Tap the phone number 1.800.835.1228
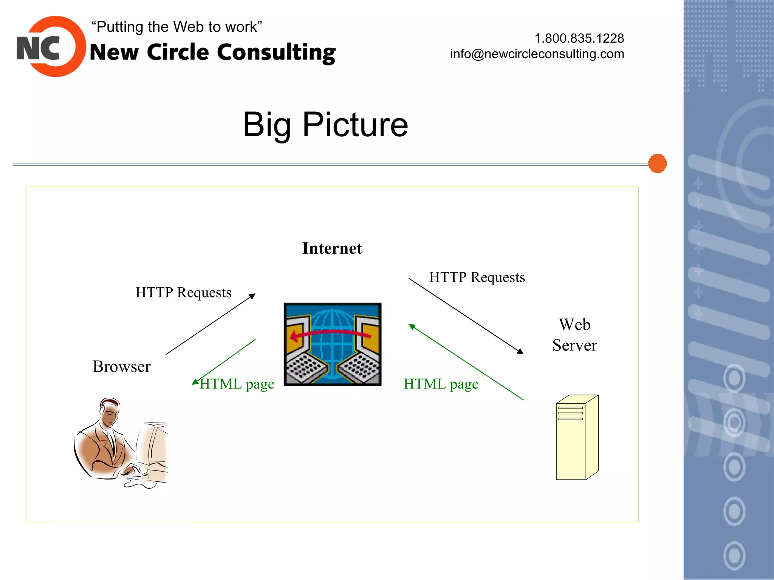(x=579, y=38)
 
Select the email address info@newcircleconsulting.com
(x=537, y=54)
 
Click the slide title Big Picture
(x=325, y=124)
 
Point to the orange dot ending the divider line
(x=657, y=164)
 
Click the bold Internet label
(x=332, y=248)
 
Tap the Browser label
(x=121, y=367)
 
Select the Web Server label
(x=574, y=335)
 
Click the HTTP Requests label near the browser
(x=183, y=293)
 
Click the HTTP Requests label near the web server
(x=477, y=278)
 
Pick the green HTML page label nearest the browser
(x=237, y=384)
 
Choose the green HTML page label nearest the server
(x=441, y=384)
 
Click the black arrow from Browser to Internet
(x=211, y=324)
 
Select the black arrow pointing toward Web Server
(x=466, y=316)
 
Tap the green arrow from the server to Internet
(x=466, y=362)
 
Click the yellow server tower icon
(x=577, y=438)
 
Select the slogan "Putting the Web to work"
(x=176, y=27)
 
